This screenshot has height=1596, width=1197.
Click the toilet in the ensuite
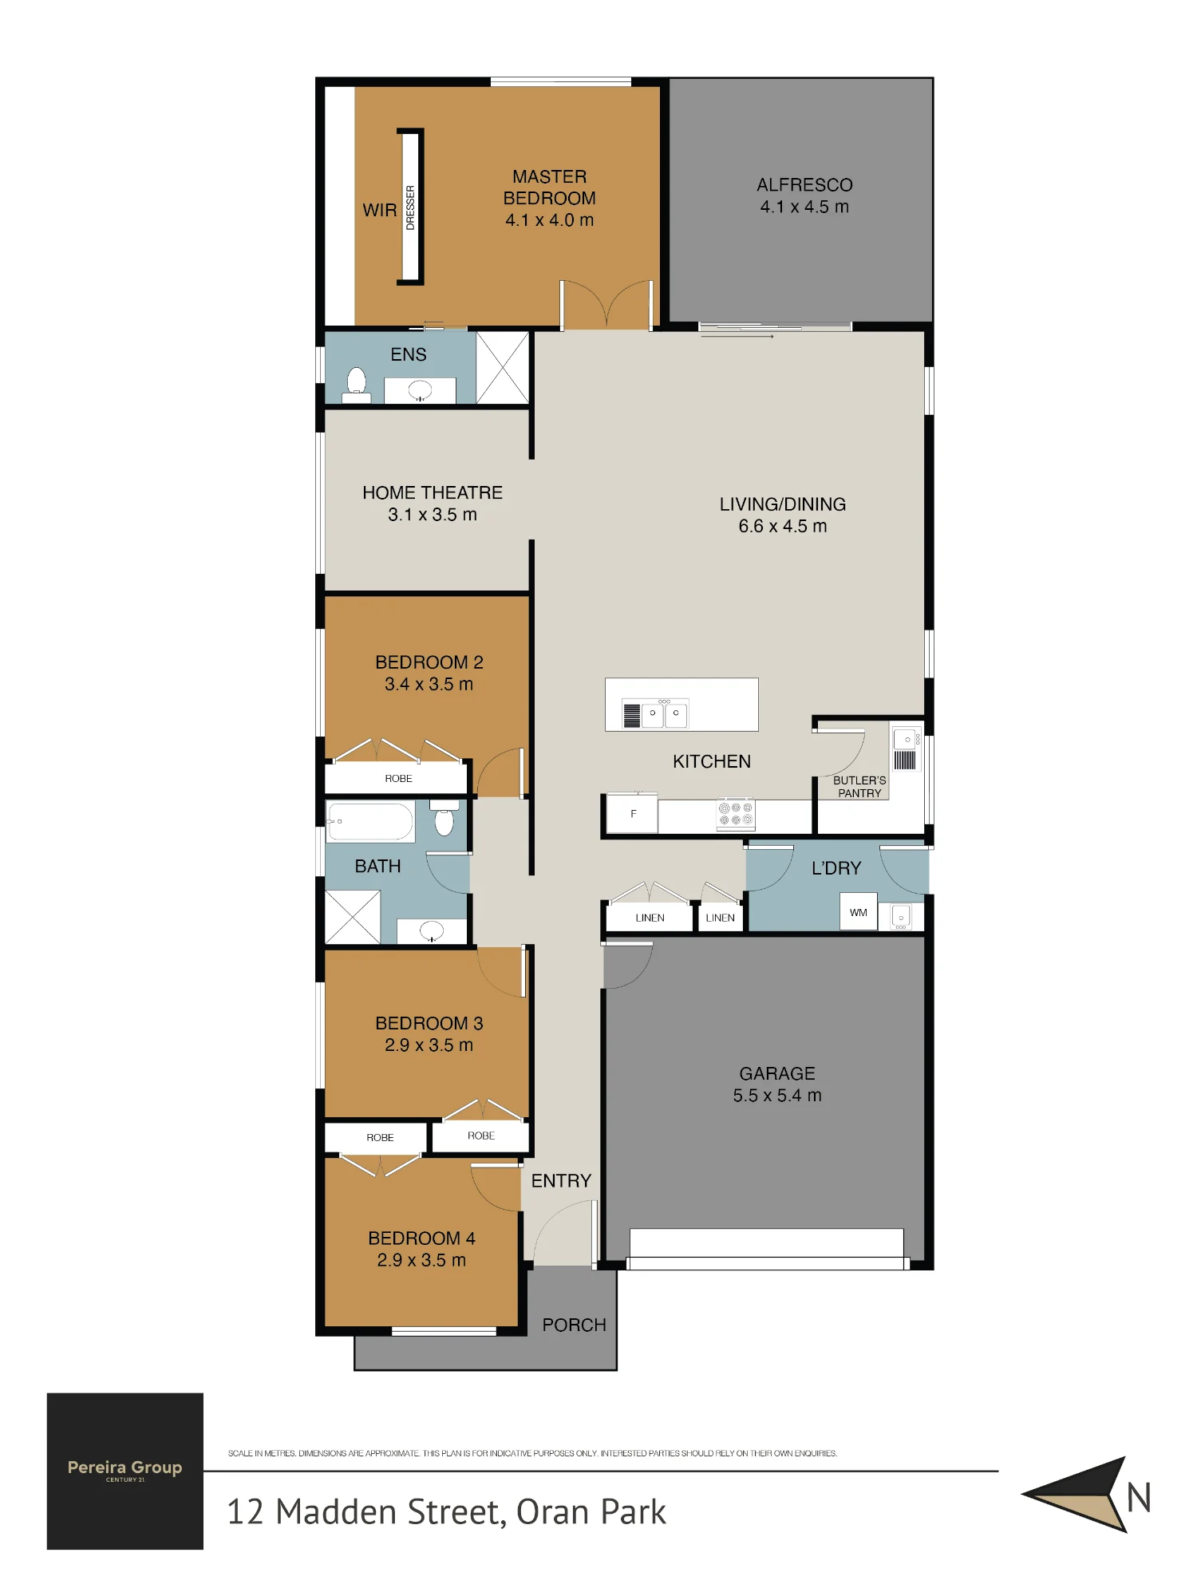click(356, 384)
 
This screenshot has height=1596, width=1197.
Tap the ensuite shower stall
click(503, 368)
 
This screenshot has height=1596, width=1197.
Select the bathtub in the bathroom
click(371, 821)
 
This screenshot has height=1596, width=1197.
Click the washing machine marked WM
click(859, 912)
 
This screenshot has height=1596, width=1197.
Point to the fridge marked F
click(633, 814)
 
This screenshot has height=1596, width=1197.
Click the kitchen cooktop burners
click(736, 814)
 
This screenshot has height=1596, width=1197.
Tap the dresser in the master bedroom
click(410, 207)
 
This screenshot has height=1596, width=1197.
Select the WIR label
click(380, 211)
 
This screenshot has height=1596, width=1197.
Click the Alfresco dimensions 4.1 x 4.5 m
click(804, 207)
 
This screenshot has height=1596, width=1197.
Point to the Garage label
click(777, 1073)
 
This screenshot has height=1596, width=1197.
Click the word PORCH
click(574, 1325)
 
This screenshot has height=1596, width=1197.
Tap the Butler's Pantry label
click(859, 787)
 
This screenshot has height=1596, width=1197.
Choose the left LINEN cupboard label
click(650, 918)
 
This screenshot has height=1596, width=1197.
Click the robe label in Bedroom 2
click(398, 778)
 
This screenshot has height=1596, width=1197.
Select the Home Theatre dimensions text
click(433, 515)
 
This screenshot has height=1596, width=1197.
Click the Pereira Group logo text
click(125, 1467)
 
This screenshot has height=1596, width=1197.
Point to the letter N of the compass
click(1139, 1497)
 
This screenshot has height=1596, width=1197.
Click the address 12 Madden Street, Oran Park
click(446, 1512)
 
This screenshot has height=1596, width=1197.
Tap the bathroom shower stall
click(353, 917)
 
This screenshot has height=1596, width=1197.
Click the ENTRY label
click(561, 1180)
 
